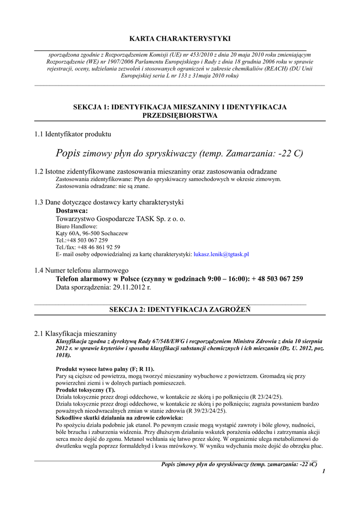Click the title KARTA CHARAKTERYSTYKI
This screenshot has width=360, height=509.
(x=180, y=38)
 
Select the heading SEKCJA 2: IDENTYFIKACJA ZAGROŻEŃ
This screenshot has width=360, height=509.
(x=180, y=310)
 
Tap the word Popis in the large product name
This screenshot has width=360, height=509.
(x=68, y=153)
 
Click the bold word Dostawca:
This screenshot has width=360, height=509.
(x=72, y=211)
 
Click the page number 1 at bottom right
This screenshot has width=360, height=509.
(x=323, y=471)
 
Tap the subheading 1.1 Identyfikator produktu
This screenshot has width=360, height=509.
(x=73, y=134)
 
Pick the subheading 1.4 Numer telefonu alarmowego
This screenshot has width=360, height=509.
(x=82, y=270)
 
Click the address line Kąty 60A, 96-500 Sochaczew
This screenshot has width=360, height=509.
(x=92, y=233)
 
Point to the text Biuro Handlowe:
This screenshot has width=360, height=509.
(x=77, y=226)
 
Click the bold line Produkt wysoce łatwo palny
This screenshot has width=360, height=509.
(x=105, y=369)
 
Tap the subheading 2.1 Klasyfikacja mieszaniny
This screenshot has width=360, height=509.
(x=76, y=334)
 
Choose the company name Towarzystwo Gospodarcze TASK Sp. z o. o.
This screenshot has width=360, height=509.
(x=120, y=219)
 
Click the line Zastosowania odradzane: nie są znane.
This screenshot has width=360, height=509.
(x=102, y=186)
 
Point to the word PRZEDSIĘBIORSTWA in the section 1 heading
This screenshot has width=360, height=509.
(x=180, y=115)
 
